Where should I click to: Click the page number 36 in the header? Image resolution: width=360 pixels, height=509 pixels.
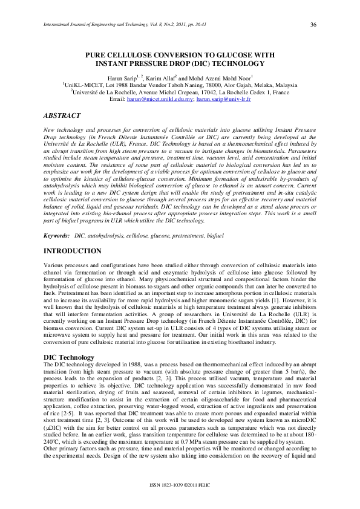313,24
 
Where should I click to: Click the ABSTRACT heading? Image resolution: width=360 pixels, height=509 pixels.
64,114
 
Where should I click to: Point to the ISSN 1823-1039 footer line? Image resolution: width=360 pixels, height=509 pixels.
180,485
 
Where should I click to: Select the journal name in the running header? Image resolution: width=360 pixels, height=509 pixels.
91,25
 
